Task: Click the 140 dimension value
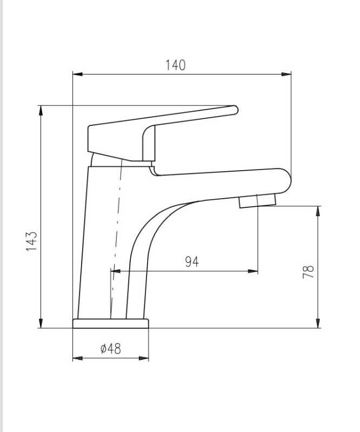(x=176, y=65)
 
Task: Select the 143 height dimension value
(x=31, y=241)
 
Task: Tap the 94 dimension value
(x=192, y=262)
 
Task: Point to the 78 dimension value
(x=308, y=272)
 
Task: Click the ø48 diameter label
(x=111, y=349)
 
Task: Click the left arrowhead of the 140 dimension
(x=77, y=74)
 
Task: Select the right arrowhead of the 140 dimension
(x=286, y=74)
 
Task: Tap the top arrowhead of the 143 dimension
(x=41, y=111)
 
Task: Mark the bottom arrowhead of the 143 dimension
(x=41, y=323)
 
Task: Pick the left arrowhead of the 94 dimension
(x=116, y=272)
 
